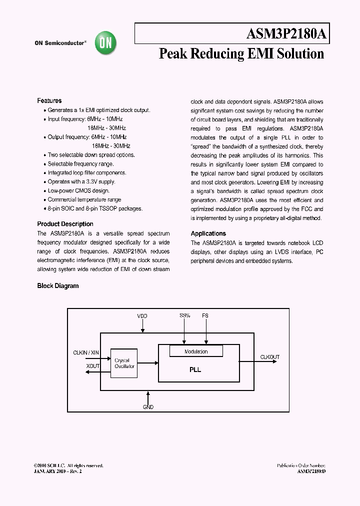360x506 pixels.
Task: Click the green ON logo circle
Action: click(106, 43)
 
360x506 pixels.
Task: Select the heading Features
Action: click(49, 100)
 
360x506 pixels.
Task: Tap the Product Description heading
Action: click(65, 224)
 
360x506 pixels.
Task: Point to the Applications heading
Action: click(208, 233)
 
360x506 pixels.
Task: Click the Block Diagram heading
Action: click(58, 286)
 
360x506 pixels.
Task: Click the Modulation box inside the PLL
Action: click(196, 351)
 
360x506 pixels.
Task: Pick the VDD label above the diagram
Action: click(142, 316)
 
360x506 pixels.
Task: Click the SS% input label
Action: click(184, 315)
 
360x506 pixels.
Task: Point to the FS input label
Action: click(205, 315)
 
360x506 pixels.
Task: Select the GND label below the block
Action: click(148, 407)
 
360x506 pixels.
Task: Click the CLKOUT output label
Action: click(270, 357)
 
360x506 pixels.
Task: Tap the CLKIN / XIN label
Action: click(86, 353)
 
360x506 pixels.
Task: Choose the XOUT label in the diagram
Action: click(93, 366)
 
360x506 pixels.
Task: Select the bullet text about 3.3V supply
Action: click(81, 181)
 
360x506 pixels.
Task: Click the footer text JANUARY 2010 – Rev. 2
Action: click(57, 471)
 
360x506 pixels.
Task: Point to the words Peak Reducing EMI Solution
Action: click(241, 54)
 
